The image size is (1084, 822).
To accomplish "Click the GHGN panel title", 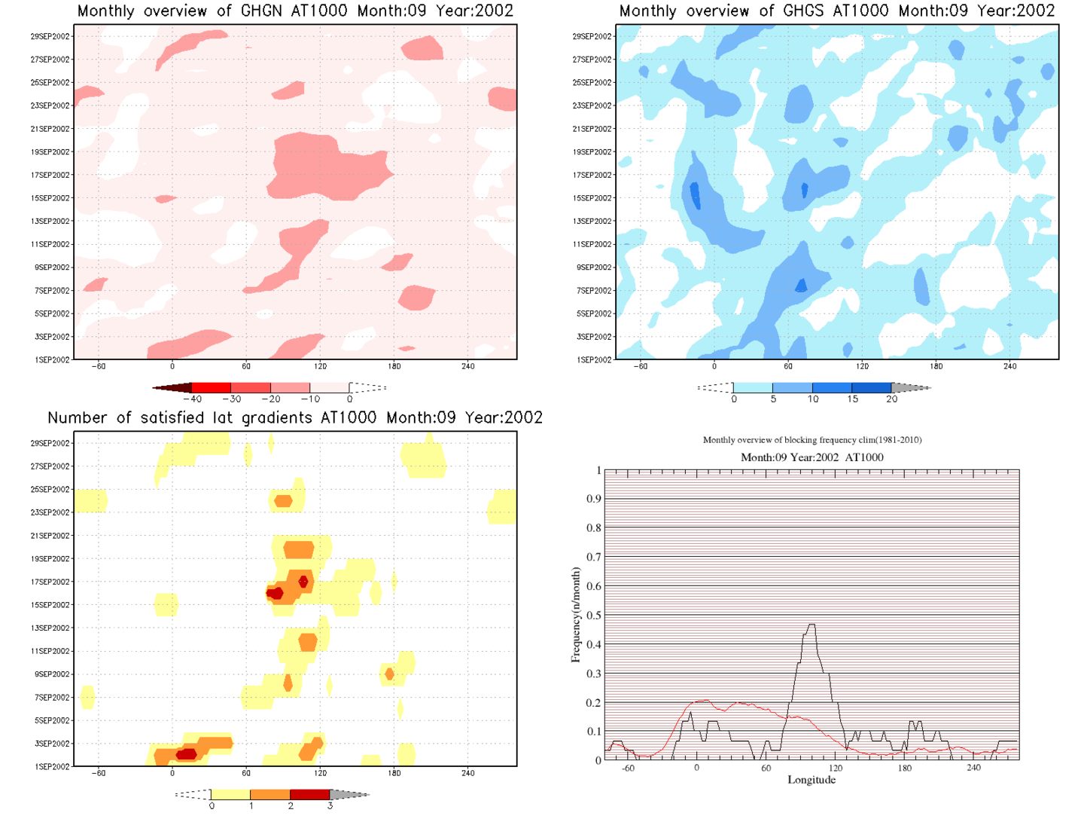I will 295,11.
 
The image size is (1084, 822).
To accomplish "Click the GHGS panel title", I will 836,11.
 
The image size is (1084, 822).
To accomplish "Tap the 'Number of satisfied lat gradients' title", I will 295,418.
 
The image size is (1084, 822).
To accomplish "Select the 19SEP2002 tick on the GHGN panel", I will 50,152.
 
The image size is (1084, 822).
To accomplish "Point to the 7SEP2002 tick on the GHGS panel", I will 594,291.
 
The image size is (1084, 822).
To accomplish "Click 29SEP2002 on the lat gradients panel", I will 50,443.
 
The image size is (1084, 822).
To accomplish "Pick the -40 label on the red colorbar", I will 193,399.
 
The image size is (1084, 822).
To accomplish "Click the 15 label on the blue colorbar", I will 852,399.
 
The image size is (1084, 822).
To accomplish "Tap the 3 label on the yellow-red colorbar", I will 330,806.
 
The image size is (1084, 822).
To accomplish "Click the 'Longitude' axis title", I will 811,780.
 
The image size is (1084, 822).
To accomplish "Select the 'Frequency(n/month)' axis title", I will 576,615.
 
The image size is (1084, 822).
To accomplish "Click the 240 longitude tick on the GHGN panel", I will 468,367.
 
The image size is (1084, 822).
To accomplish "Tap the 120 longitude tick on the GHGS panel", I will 862,367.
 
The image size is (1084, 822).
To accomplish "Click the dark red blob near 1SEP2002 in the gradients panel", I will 186,753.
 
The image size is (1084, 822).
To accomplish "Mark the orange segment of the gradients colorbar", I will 269,794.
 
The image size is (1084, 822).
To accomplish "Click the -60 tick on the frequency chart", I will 628,769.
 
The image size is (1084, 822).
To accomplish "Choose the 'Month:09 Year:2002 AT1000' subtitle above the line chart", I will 811,457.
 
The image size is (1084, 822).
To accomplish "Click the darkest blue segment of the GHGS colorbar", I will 872,387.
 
